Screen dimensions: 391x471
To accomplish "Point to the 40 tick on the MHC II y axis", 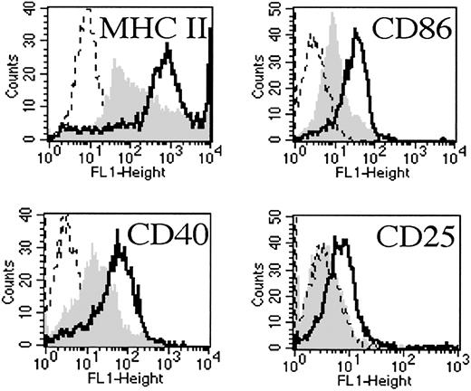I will (x=33, y=10).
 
